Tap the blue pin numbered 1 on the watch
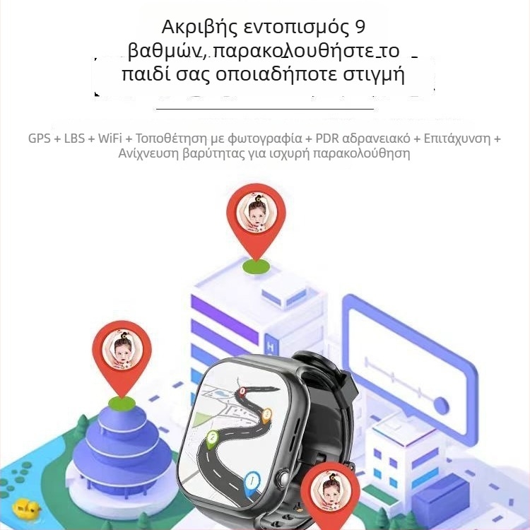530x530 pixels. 252,483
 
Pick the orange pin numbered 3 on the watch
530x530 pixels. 266,415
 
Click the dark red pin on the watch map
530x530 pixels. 244,391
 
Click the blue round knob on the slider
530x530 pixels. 442,404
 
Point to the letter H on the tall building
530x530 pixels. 271,349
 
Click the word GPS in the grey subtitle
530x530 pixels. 39,138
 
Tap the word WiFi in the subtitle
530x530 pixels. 109,138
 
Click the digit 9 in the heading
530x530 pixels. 360,28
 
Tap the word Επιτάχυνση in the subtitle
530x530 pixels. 458,138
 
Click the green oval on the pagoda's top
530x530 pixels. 122,403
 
